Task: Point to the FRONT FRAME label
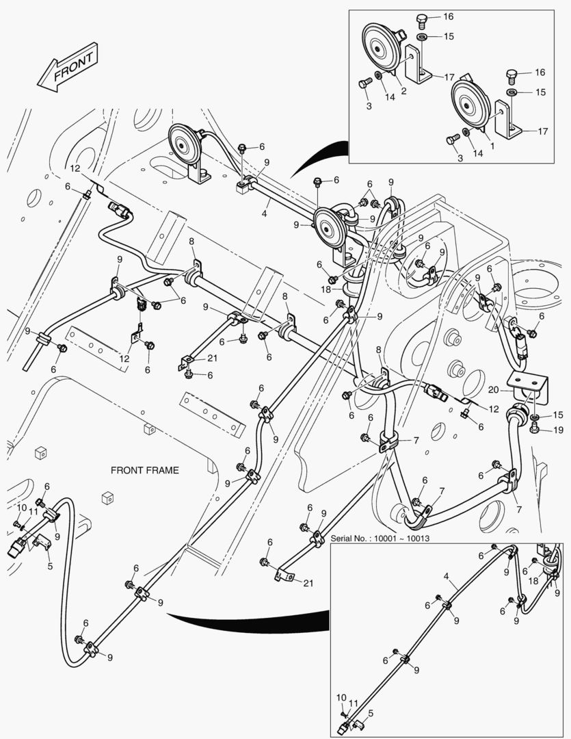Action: point(145,470)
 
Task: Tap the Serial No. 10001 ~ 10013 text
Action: point(380,538)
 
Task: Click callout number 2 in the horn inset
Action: point(403,90)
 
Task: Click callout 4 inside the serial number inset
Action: point(446,577)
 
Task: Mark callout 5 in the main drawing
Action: point(49,565)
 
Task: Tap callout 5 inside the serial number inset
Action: point(371,713)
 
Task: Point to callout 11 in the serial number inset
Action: point(354,703)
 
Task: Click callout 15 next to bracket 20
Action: point(558,415)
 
